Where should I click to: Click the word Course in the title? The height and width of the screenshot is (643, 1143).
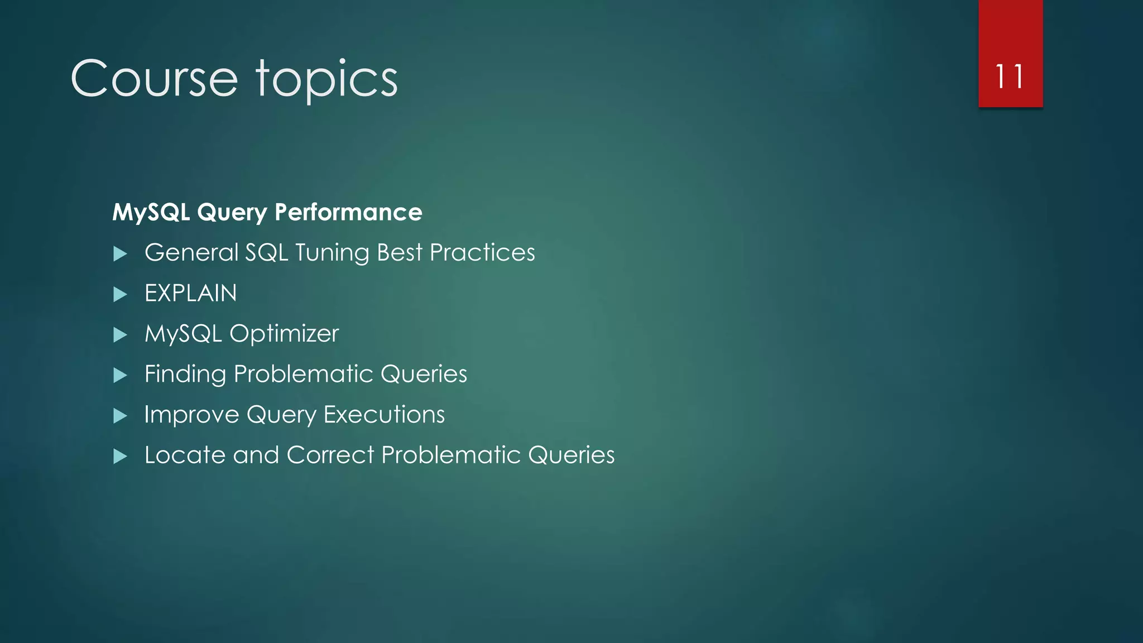click(154, 79)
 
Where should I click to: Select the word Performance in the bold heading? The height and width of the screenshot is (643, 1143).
click(348, 212)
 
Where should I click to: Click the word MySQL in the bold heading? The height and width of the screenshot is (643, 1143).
click(151, 212)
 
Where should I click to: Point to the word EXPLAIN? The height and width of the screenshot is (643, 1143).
click(190, 293)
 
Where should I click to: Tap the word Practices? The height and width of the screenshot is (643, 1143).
click(482, 252)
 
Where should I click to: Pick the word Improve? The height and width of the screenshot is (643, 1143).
click(191, 415)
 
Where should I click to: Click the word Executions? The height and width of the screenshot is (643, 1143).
click(384, 414)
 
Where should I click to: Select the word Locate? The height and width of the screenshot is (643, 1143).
click(185, 455)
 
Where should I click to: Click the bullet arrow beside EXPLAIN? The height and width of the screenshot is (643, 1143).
click(120, 294)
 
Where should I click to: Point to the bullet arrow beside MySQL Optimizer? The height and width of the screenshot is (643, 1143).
click(120, 335)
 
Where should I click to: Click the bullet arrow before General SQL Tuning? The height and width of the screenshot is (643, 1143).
click(120, 254)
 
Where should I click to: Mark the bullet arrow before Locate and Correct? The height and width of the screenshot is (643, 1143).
click(120, 457)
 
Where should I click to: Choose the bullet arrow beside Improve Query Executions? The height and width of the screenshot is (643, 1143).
click(120, 416)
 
